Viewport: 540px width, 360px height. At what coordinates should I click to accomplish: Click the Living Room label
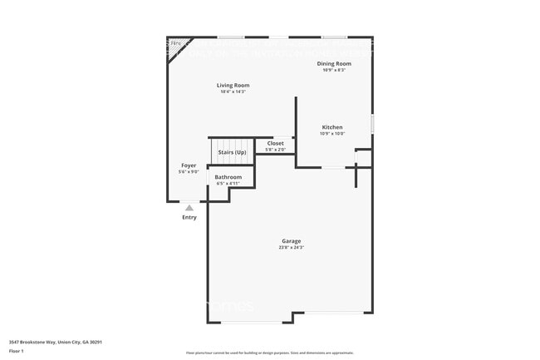(233, 86)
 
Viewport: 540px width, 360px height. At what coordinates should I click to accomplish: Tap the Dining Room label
(334, 63)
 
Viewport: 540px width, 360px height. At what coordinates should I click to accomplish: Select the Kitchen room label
(332, 127)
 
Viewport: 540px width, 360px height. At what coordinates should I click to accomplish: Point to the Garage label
(291, 241)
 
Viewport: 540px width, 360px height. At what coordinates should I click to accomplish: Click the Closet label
(275, 144)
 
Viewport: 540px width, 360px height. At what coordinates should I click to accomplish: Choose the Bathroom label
(228, 177)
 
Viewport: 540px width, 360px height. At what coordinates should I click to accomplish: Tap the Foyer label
(189, 165)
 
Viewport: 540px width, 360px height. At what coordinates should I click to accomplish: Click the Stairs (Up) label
(232, 153)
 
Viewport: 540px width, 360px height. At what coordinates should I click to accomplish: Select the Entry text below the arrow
(189, 218)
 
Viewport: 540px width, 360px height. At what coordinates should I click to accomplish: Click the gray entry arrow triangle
(189, 208)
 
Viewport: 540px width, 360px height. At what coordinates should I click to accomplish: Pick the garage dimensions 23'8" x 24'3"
(291, 248)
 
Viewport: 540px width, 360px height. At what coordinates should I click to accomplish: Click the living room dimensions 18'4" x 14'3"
(233, 91)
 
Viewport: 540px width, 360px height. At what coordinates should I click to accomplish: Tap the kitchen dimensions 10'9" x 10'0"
(332, 134)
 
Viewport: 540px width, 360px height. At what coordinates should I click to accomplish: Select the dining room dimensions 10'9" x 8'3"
(334, 70)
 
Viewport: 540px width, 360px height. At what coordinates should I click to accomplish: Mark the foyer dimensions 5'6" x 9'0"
(189, 172)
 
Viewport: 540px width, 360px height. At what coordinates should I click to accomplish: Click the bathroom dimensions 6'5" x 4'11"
(228, 184)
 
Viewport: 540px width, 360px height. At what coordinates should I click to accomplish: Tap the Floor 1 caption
(17, 350)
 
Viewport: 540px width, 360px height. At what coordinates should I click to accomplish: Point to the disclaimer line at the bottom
(269, 353)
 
